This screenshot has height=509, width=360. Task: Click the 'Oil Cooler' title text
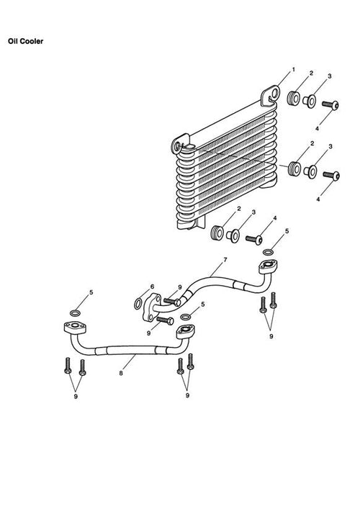[26, 41]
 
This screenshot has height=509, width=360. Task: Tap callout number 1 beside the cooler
[294, 69]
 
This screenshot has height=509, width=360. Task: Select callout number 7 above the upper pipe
[225, 260]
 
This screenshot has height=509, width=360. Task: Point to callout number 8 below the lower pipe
[121, 373]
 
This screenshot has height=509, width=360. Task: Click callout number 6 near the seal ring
[152, 287]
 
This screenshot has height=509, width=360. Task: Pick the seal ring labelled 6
[138, 304]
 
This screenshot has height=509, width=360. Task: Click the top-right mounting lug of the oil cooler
[271, 94]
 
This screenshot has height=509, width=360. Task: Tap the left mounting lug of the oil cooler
[179, 145]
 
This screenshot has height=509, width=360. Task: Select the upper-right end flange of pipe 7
[268, 266]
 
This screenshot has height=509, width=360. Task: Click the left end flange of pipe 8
[75, 327]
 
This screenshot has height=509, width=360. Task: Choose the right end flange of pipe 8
[185, 331]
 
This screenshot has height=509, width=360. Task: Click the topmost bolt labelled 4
[330, 105]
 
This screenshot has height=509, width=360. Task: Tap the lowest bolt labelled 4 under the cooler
[254, 240]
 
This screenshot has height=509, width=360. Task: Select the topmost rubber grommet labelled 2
[294, 98]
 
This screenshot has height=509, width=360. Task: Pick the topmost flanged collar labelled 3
[309, 102]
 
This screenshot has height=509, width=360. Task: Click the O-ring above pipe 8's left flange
[75, 313]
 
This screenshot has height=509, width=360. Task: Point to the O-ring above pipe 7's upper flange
[268, 252]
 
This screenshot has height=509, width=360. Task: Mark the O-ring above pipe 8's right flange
[185, 317]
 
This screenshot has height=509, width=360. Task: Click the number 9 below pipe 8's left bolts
[76, 397]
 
